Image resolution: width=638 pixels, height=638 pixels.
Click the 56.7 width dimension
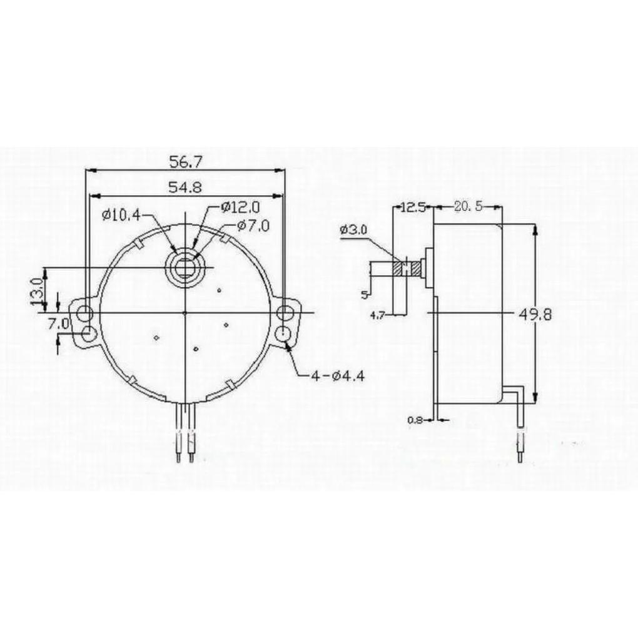click(185, 163)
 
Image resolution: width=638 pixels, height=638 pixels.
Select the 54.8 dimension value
click(185, 188)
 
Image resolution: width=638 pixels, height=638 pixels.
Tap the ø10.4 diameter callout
click(121, 215)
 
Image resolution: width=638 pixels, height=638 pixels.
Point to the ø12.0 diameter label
click(240, 208)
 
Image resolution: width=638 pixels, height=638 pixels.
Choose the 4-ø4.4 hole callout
click(338, 377)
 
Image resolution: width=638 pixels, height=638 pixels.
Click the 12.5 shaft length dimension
click(413, 208)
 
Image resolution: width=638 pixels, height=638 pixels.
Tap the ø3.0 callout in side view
click(353, 230)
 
